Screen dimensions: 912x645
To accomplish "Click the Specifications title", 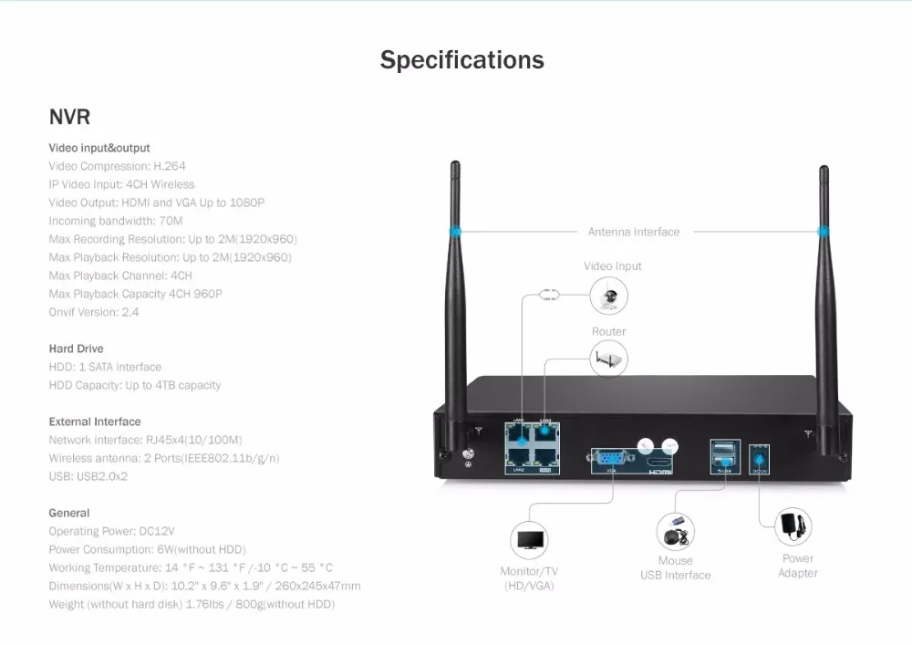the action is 461,60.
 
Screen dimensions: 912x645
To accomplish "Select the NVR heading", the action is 69,117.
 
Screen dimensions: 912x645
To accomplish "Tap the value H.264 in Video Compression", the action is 169,166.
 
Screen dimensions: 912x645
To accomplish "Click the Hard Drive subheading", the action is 76,349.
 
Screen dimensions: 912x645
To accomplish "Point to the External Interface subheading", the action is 95,421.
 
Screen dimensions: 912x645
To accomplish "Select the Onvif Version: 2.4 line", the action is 94,312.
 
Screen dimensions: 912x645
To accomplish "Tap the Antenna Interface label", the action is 634,233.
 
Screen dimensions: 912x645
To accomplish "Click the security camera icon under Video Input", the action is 609,296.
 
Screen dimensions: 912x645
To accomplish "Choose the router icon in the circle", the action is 609,359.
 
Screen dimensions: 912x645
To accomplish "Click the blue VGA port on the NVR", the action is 609,458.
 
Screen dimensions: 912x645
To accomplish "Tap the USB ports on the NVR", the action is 724,453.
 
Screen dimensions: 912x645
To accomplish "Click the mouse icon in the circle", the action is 675,531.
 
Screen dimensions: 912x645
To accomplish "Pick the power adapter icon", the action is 792,526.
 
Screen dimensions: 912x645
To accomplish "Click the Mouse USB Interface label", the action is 675,568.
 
